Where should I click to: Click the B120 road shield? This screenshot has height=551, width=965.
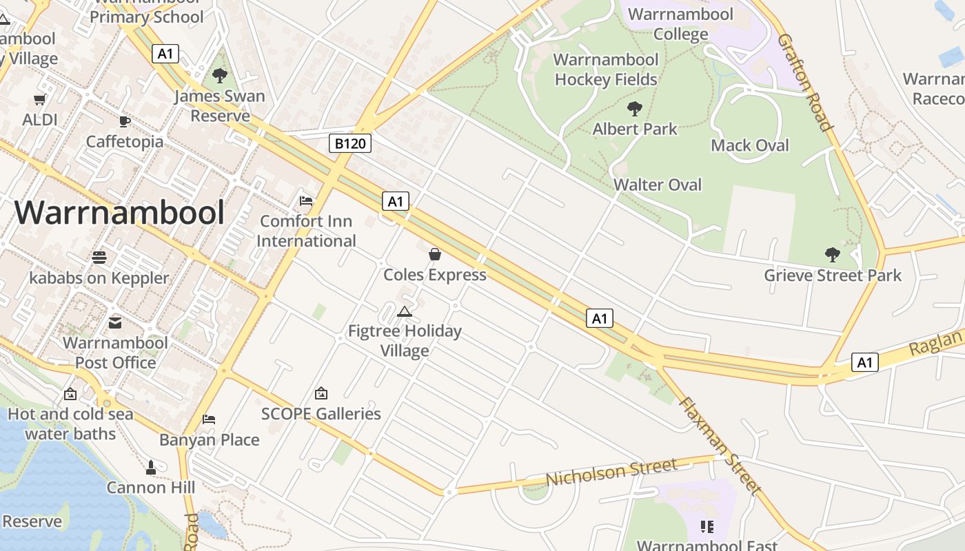click(350, 143)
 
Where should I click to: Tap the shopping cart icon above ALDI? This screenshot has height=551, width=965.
click(40, 99)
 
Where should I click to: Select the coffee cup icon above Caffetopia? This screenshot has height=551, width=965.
click(124, 121)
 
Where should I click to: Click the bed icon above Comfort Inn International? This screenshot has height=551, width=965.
click(306, 201)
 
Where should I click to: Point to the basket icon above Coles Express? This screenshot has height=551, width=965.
click(435, 254)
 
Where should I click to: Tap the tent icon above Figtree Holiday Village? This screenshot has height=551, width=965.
click(405, 311)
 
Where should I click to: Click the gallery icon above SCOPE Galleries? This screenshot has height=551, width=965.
click(321, 393)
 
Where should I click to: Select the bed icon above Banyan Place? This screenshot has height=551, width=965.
click(209, 419)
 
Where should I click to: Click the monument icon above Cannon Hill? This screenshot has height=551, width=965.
click(151, 468)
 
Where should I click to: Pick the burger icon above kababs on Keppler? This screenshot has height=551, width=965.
click(99, 258)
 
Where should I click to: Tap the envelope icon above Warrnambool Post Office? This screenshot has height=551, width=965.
click(115, 322)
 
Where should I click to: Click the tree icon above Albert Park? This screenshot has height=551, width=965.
click(635, 108)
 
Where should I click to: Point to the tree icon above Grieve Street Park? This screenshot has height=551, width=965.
click(832, 255)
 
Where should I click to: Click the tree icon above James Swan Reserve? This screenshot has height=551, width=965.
click(220, 76)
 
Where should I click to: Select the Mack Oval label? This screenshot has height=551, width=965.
click(749, 145)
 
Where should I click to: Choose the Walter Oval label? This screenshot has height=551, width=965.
click(657, 185)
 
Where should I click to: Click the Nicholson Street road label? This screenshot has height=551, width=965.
click(611, 472)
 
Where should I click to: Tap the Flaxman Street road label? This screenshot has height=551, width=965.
click(720, 446)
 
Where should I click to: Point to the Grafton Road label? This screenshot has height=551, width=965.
click(804, 81)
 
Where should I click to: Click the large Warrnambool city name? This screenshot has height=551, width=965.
click(119, 213)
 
